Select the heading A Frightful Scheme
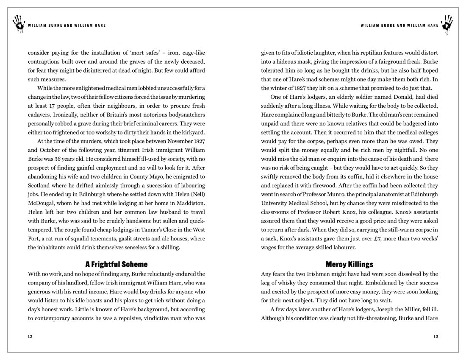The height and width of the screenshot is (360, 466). (116, 265)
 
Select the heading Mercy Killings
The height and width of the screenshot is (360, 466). (349, 265)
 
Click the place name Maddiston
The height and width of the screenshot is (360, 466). (188, 203)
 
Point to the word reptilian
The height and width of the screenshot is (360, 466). (374, 53)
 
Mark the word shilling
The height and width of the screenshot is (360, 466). (168, 247)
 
